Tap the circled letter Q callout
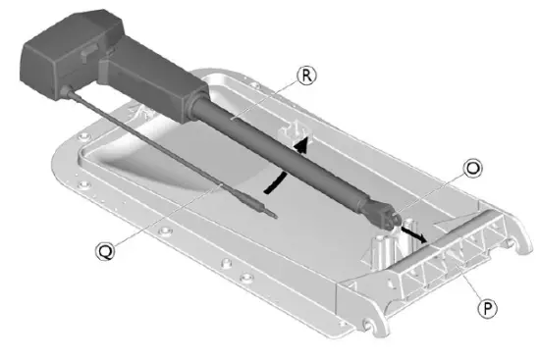[105, 250]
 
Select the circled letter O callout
[473, 169]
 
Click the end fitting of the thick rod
[387, 211]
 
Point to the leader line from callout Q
[157, 216]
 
